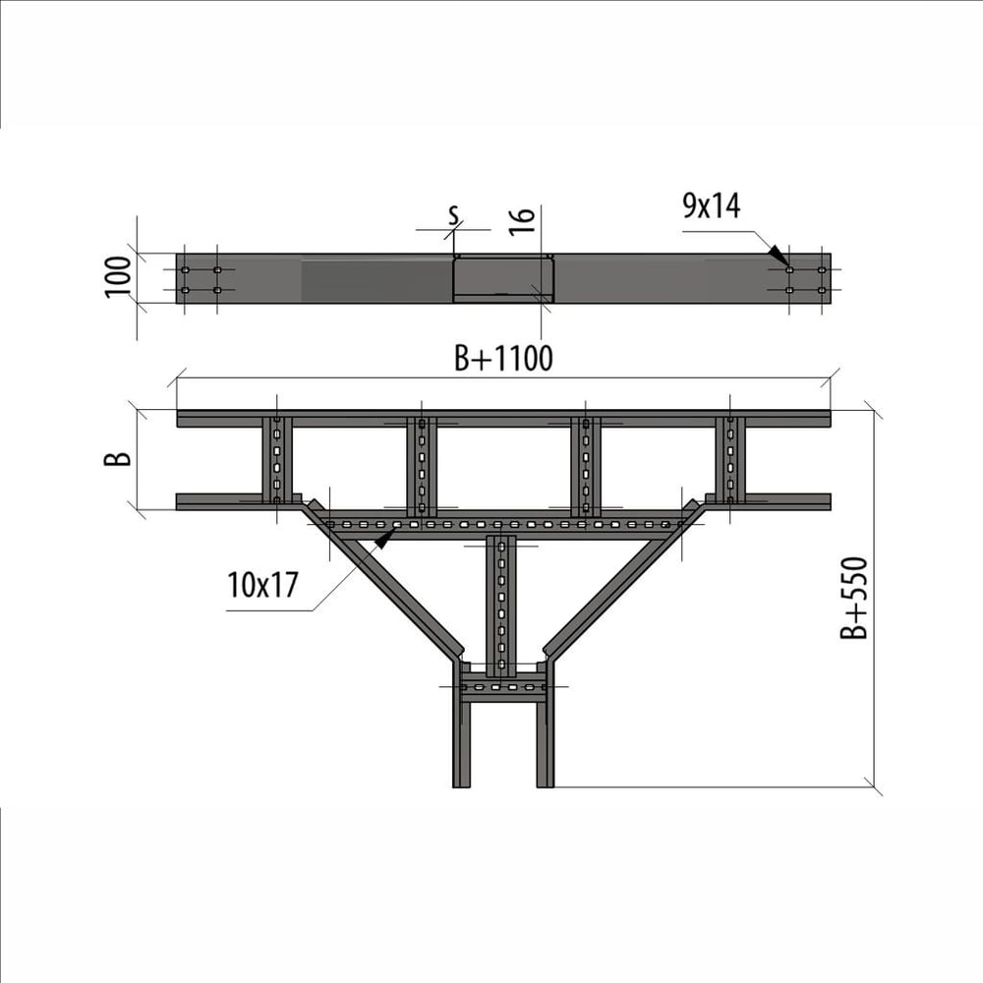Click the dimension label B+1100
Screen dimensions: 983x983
tap(503, 359)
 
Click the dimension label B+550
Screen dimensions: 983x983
tap(854, 598)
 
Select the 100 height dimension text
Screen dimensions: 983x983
tap(118, 277)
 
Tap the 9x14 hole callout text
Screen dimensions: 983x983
tap(712, 205)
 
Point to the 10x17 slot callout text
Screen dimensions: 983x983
tap(262, 585)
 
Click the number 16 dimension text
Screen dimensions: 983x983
tap(522, 221)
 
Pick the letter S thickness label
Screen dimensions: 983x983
tap(454, 215)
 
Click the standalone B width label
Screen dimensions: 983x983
tap(118, 458)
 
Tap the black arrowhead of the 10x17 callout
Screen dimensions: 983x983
tap(383, 539)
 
